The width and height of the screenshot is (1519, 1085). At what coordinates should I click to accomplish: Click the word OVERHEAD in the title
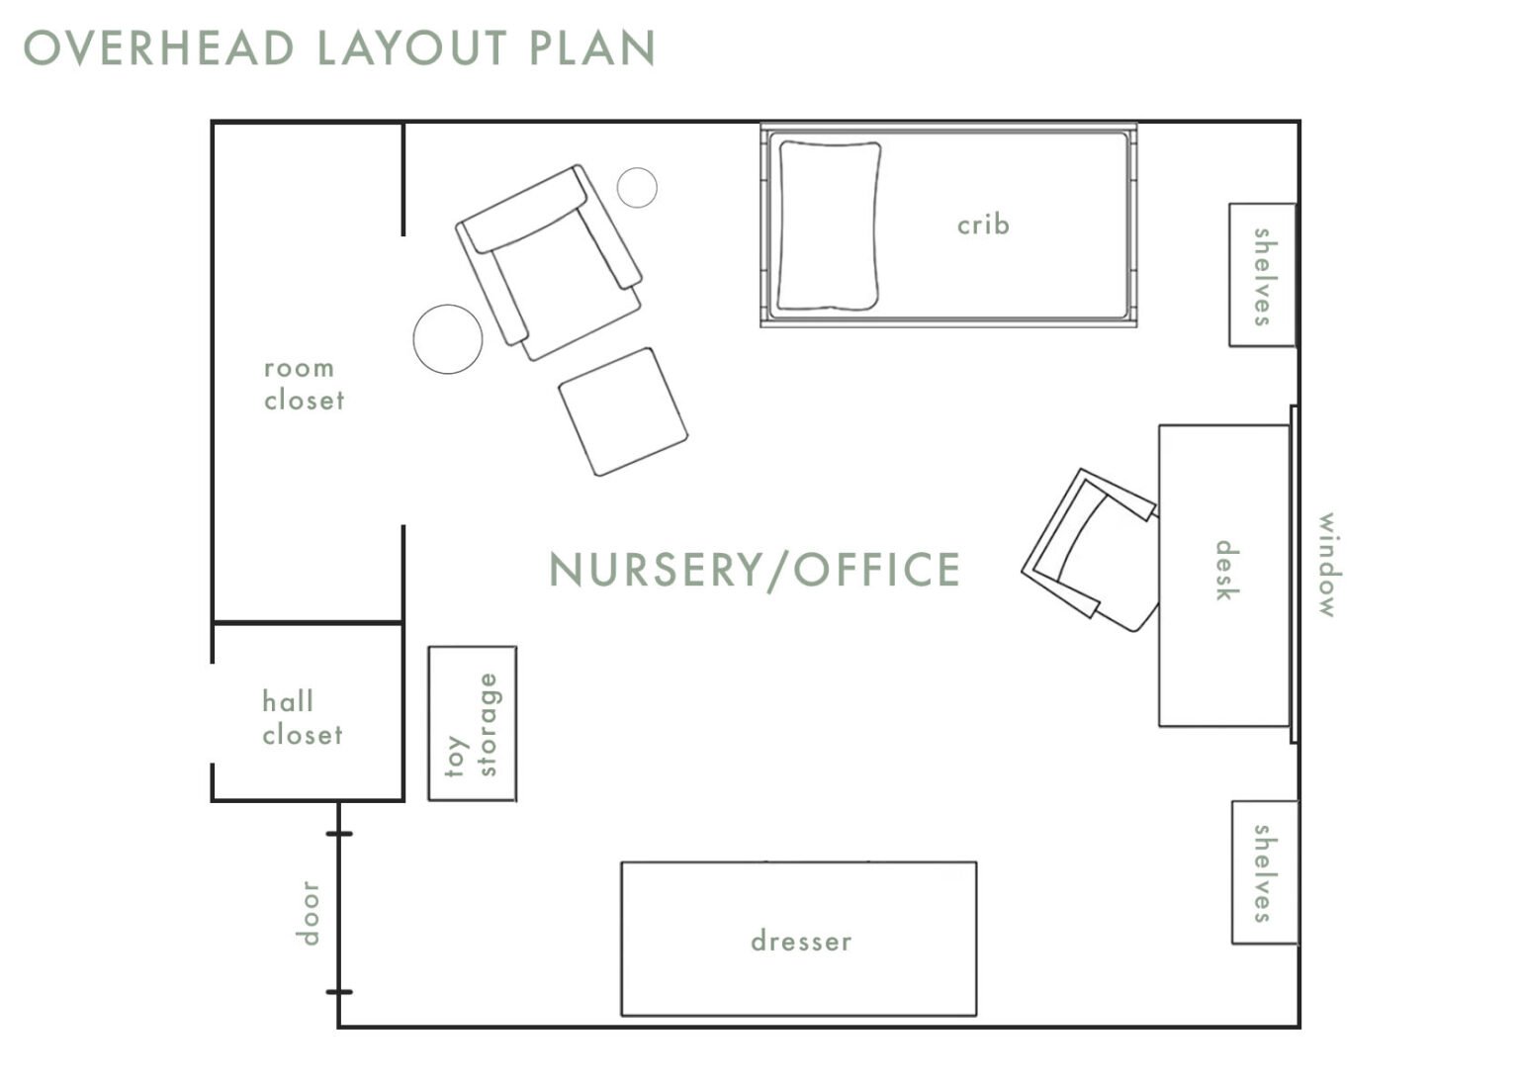point(159,48)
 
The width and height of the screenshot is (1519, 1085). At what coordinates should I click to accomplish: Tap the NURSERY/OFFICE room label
point(755,570)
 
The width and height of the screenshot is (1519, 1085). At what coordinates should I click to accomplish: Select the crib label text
point(983,225)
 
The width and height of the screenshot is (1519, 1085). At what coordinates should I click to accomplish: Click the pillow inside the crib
point(829,226)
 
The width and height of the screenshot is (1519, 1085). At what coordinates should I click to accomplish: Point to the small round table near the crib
point(637,187)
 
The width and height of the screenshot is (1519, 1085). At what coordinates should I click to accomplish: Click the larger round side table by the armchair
point(448,338)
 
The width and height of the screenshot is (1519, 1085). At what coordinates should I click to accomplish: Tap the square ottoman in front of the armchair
point(623,410)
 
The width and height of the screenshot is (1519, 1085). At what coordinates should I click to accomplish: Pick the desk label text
point(1225,571)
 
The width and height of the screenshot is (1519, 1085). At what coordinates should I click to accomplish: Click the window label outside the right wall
point(1326,565)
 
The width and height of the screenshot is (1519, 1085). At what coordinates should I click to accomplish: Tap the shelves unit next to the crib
point(1262,276)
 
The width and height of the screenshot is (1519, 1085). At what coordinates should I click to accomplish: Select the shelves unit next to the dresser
point(1264,872)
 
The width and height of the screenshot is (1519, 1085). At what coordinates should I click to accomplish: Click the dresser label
point(801,941)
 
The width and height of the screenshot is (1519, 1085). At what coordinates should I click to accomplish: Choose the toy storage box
point(473,724)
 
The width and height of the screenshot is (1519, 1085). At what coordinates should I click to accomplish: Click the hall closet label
point(302,718)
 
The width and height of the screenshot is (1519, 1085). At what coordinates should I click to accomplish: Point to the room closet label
point(304,384)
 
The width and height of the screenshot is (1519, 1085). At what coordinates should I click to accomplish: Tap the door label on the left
point(309,912)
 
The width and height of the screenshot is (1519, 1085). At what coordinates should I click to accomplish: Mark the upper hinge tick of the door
point(339,834)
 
